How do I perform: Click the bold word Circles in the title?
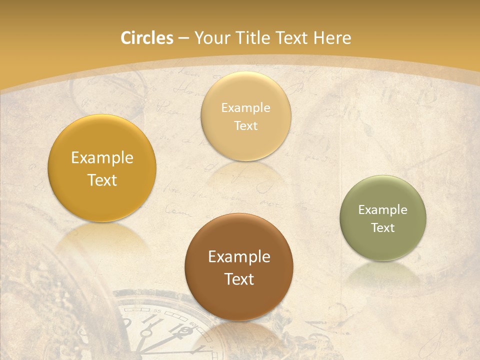click(146, 38)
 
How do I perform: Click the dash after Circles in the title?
click(183, 38)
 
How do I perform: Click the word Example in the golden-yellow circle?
click(102, 158)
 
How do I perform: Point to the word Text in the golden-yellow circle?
click(102, 180)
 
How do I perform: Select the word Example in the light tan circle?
click(245, 108)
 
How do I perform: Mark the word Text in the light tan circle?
click(245, 126)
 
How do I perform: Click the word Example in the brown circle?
click(239, 257)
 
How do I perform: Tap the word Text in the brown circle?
click(239, 279)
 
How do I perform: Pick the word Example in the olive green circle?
click(383, 210)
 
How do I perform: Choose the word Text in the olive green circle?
click(383, 228)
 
